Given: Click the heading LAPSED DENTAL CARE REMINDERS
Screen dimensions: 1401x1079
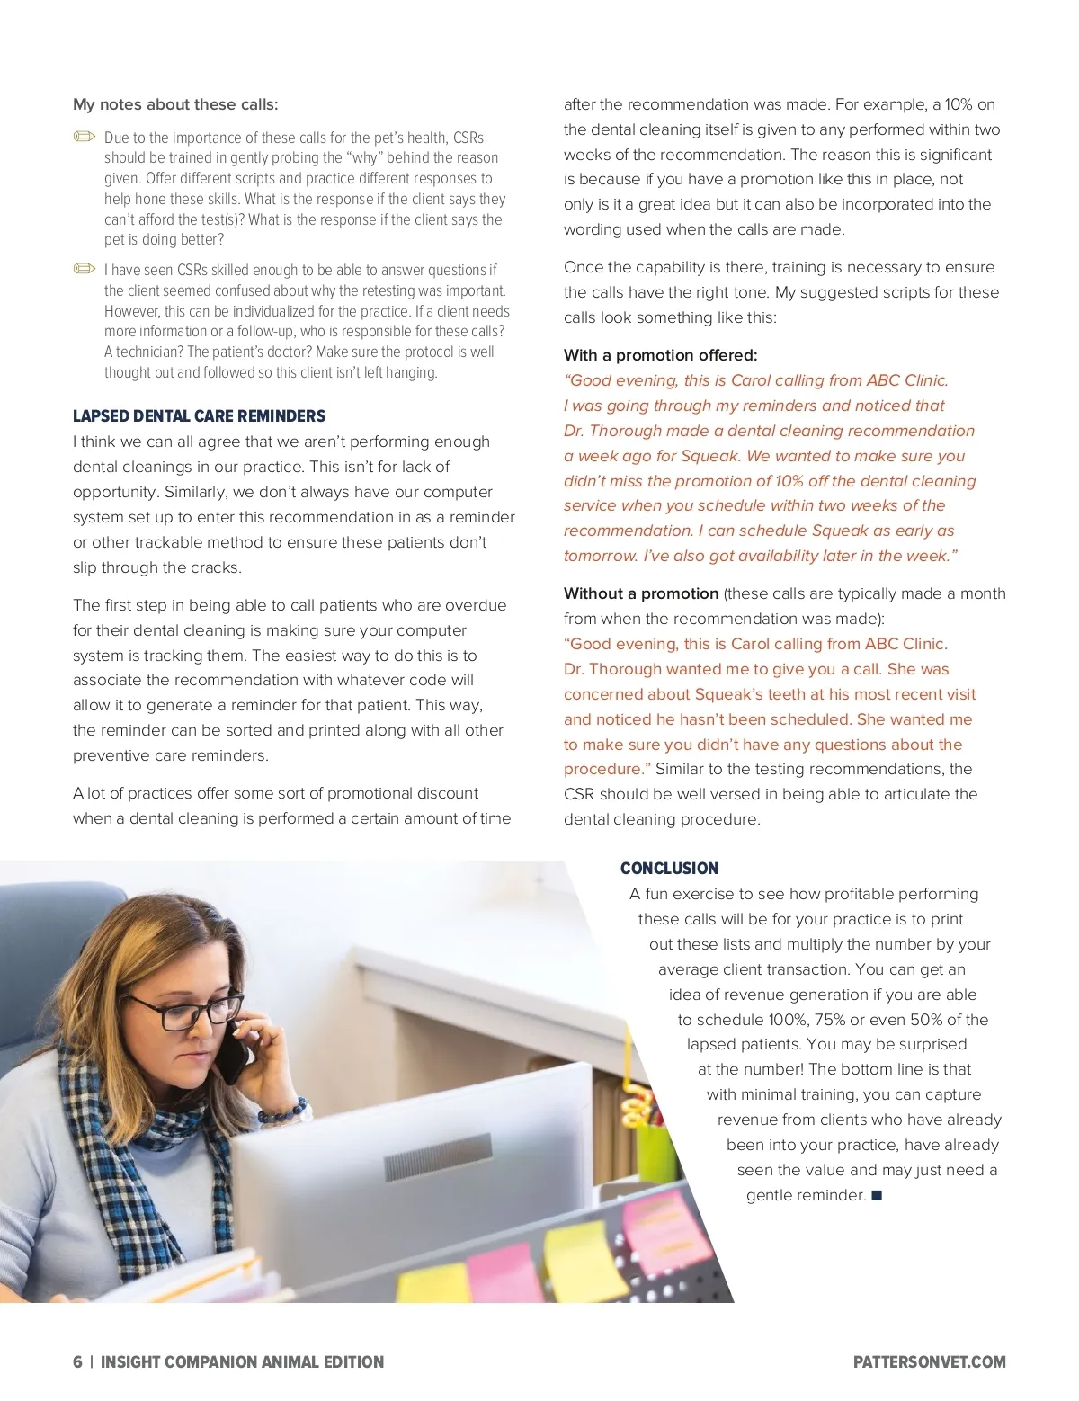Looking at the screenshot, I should [x=199, y=416].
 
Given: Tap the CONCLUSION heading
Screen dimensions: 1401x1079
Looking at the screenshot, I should [x=669, y=869].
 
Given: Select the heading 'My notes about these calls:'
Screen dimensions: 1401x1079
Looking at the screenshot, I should [x=175, y=104].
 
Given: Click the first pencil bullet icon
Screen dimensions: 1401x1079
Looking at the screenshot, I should [x=85, y=137].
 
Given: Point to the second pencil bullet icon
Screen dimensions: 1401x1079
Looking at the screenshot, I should [x=85, y=269].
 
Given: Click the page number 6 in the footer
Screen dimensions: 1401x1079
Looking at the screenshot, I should [x=77, y=1362].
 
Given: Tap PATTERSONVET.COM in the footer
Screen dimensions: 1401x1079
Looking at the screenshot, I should [x=929, y=1362].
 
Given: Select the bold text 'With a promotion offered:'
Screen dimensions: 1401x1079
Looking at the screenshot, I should [x=660, y=355].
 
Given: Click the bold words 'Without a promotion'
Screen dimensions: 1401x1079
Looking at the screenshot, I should [x=640, y=593].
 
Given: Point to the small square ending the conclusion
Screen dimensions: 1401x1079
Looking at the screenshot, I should [x=878, y=1196].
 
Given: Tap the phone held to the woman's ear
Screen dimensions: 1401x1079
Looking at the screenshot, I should [x=236, y=1048].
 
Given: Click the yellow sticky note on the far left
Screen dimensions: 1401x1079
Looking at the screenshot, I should [x=432, y=1281].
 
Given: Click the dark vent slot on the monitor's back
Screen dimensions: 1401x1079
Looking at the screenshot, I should [x=438, y=1155].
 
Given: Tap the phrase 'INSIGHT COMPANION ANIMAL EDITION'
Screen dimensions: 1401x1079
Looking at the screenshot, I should [x=242, y=1362].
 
